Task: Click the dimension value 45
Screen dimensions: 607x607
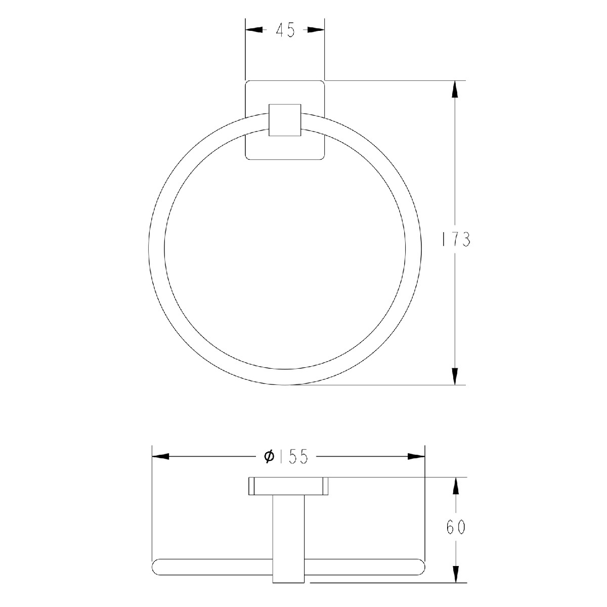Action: (x=285, y=30)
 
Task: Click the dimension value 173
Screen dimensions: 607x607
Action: (x=455, y=240)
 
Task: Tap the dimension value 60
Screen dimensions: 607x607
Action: (x=455, y=527)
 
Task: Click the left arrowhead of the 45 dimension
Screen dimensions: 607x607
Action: (x=254, y=30)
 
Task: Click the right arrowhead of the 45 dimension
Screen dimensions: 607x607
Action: (x=316, y=30)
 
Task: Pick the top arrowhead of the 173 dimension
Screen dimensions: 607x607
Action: (x=455, y=89)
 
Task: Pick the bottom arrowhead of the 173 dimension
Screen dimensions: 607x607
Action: (x=455, y=376)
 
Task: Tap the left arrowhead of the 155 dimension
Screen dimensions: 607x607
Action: (x=161, y=456)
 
